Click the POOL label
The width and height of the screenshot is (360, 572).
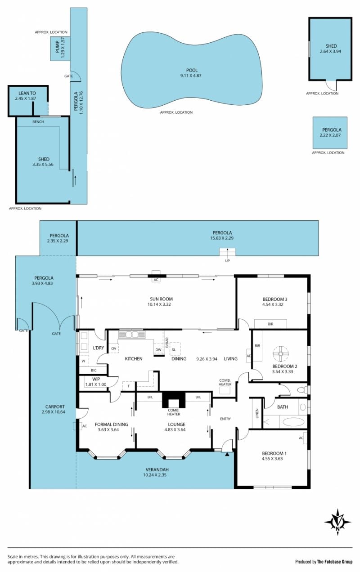click(x=192, y=70)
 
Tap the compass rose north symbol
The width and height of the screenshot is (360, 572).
click(x=337, y=523)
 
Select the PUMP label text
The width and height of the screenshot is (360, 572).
click(x=58, y=47)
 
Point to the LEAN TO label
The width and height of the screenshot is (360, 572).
click(x=27, y=93)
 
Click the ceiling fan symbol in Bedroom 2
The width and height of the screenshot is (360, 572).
click(x=280, y=354)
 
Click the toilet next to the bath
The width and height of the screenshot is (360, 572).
click(x=302, y=390)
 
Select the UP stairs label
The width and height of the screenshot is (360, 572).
click(x=227, y=261)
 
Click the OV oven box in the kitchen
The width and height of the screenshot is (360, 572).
click(x=114, y=349)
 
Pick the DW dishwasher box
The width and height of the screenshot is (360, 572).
click(x=158, y=349)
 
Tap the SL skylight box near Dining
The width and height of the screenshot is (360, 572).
click(x=175, y=349)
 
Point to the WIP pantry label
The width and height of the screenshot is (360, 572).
click(x=96, y=379)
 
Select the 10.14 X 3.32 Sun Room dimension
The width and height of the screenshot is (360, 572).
click(x=159, y=304)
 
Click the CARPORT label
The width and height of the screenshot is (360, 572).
click(x=55, y=407)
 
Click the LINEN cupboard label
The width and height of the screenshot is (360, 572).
click(x=257, y=413)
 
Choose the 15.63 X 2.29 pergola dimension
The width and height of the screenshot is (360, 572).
click(x=222, y=238)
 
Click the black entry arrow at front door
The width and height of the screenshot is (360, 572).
click(x=227, y=454)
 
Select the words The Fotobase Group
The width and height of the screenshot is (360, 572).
click(x=335, y=562)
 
